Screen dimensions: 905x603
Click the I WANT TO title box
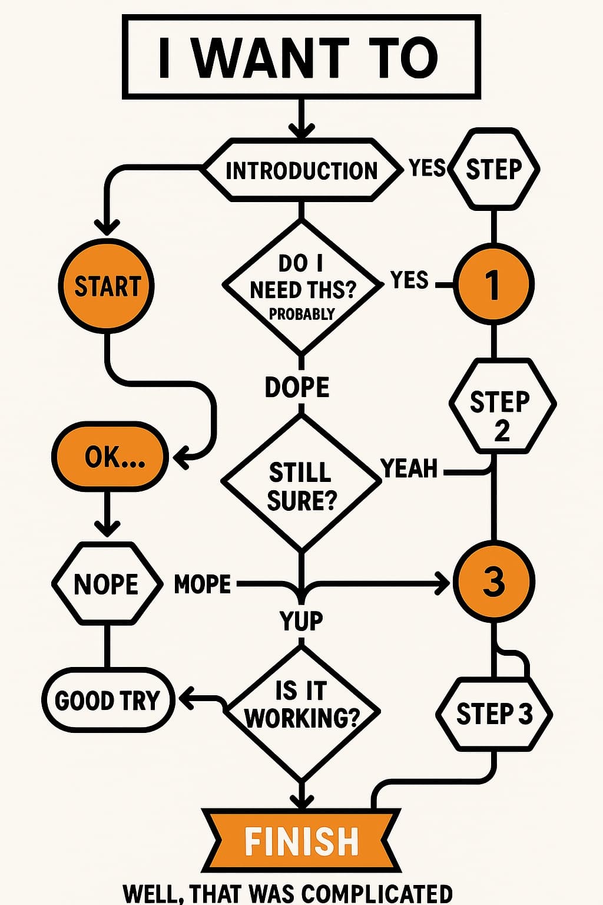click(x=301, y=57)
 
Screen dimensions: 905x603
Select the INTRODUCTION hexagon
click(x=301, y=170)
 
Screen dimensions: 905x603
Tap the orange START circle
click(x=107, y=286)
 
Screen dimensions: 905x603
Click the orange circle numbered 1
click(x=493, y=284)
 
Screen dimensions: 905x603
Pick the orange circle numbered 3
click(x=493, y=581)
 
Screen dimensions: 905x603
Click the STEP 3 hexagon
click(x=493, y=714)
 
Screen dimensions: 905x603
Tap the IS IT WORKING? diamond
click(x=301, y=712)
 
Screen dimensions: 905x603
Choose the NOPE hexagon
click(x=107, y=584)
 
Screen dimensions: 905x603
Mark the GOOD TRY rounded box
click(x=108, y=701)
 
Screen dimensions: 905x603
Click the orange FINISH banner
click(x=301, y=840)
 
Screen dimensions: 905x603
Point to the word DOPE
click(x=297, y=387)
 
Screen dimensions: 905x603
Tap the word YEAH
click(x=410, y=469)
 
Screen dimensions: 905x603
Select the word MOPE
click(x=203, y=584)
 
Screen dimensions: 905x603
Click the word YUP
click(x=301, y=620)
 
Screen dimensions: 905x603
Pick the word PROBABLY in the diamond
click(x=301, y=314)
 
